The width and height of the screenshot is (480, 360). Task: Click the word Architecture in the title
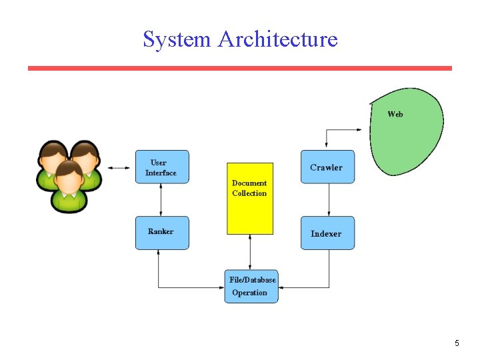point(278,39)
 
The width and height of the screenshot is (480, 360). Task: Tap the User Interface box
point(162,167)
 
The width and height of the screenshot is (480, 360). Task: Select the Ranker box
point(162,233)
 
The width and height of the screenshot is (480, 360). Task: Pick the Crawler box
point(327,167)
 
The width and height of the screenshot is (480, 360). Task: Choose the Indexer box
point(327,233)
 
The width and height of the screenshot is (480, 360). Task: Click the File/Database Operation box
point(251,286)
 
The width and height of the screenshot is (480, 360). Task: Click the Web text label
point(395,114)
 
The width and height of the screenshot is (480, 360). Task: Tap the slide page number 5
point(457,343)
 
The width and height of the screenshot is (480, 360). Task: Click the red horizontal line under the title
point(240,68)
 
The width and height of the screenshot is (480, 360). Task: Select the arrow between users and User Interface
point(119,167)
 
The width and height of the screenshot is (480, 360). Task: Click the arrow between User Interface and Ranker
point(162,199)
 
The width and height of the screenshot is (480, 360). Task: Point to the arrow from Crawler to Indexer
point(329,199)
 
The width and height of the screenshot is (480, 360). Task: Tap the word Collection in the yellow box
point(249,193)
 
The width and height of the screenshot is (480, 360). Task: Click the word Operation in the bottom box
point(249,293)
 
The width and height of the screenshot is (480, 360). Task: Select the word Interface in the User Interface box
point(161,173)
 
